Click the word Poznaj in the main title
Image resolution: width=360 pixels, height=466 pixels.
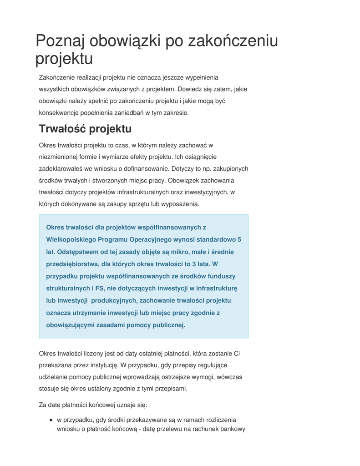(x=60, y=41)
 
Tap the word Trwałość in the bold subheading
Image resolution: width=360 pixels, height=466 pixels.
(x=62, y=129)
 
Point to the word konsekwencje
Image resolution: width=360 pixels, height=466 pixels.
(x=59, y=113)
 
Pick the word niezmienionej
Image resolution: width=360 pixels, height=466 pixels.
(x=58, y=157)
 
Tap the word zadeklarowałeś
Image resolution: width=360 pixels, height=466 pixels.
(x=61, y=169)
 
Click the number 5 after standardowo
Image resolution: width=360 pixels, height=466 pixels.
(x=239, y=239)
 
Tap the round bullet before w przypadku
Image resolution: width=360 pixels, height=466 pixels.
(x=51, y=420)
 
